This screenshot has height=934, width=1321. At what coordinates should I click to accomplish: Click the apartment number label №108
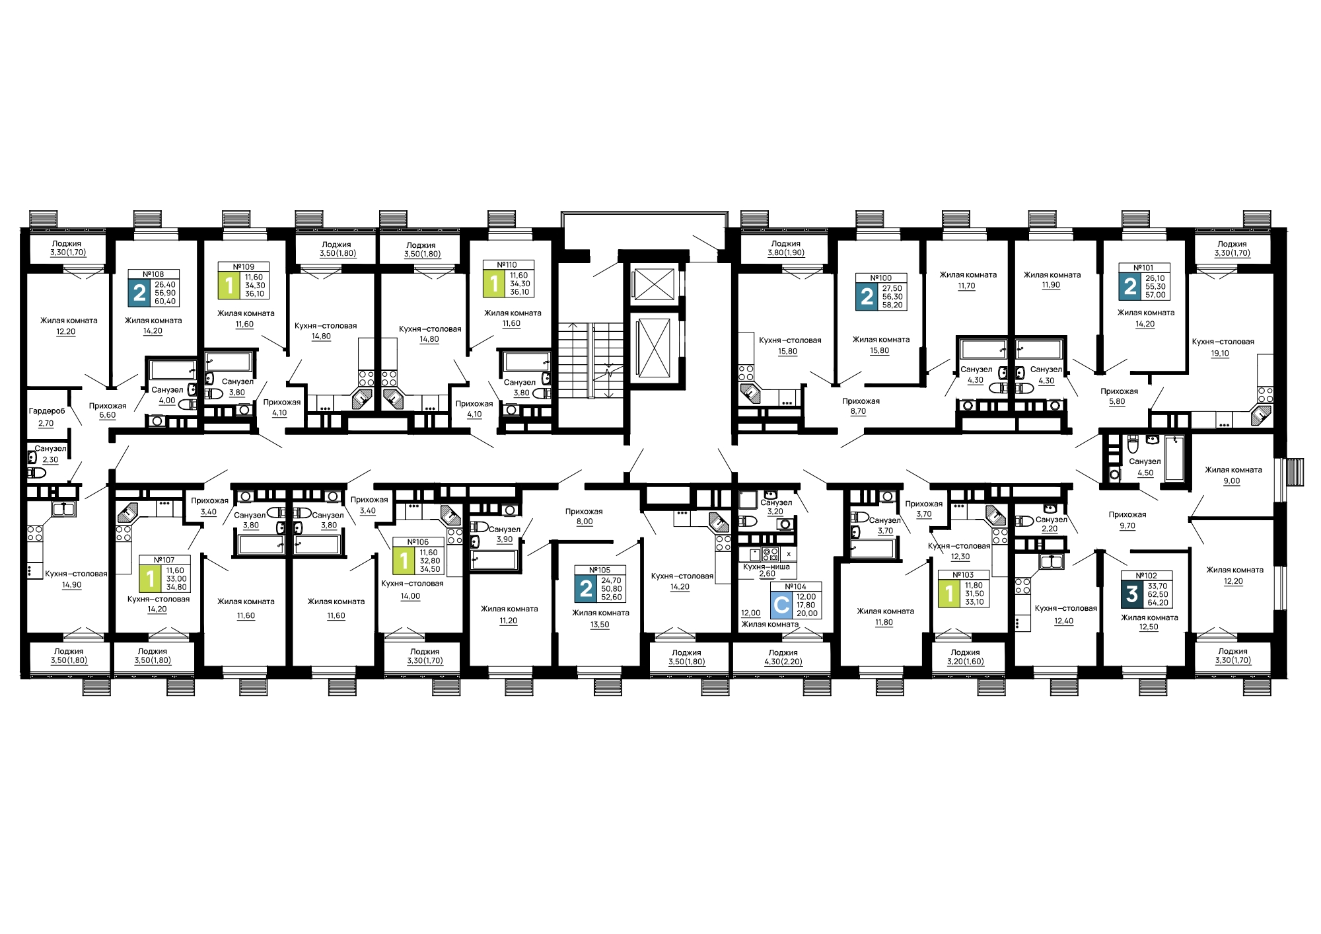(153, 274)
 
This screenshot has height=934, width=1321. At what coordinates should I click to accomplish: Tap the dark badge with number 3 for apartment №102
(1132, 594)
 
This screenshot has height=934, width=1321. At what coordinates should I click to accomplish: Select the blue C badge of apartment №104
(781, 605)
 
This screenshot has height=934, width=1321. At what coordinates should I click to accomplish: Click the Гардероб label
(47, 411)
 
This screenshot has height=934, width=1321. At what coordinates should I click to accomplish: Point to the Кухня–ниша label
(766, 567)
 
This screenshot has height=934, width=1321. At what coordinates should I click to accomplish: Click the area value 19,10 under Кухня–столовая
(1220, 354)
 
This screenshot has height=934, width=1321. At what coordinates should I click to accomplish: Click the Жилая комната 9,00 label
(1232, 475)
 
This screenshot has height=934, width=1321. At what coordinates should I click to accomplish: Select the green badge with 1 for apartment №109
(230, 286)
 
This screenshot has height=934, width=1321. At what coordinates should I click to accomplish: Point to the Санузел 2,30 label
(50, 454)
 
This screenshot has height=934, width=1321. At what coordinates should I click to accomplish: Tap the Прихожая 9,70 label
(1127, 520)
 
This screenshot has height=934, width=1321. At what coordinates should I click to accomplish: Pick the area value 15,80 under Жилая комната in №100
(880, 351)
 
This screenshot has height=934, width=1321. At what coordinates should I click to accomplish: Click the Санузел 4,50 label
(1145, 467)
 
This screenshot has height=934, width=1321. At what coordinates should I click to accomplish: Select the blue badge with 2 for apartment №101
(1131, 286)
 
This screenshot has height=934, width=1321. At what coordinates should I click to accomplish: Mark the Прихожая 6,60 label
(108, 410)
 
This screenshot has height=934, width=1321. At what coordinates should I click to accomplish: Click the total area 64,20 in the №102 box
(1158, 603)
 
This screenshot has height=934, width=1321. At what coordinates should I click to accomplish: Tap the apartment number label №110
(507, 265)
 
